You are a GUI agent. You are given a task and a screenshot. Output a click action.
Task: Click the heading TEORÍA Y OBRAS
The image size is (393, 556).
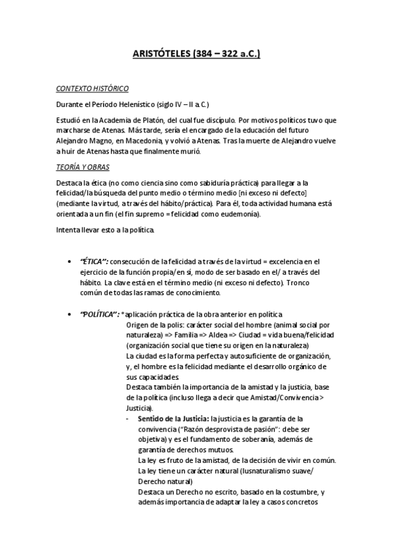pos(82,167)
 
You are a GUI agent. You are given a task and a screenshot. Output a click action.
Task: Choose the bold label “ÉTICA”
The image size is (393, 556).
pos(94,262)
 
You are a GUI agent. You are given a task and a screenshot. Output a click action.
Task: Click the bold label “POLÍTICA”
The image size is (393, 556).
pos(100,315)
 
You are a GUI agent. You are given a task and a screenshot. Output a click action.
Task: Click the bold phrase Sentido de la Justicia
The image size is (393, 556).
pos(173,418)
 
